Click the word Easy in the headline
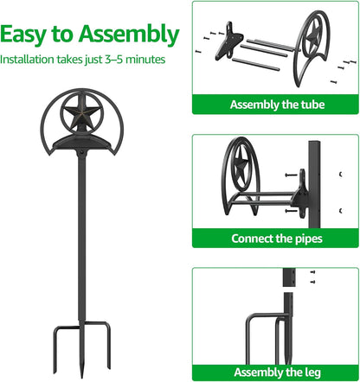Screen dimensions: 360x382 [23, 35]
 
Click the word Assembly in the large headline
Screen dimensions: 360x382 [129, 35]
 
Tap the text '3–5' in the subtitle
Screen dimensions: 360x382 [114, 60]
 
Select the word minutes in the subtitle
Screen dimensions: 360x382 [145, 60]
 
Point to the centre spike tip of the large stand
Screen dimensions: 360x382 [82, 376]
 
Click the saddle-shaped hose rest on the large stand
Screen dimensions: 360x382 [81, 143]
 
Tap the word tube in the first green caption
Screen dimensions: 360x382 [312, 105]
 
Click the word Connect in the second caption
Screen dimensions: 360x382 [252, 239]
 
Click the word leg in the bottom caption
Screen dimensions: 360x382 [312, 372]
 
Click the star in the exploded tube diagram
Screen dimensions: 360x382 [313, 36]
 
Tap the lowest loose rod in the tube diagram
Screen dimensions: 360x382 [256, 64]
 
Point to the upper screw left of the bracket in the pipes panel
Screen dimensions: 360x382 [291, 175]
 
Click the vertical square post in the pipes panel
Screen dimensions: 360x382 [314, 184]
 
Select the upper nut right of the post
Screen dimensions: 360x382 [341, 175]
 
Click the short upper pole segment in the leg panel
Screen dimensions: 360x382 [288, 277]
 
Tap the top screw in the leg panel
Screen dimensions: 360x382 [312, 272]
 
